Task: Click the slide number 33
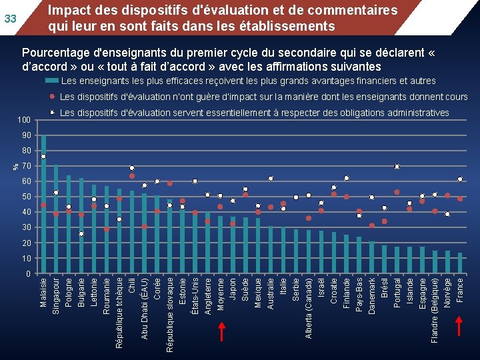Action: pos(11,18)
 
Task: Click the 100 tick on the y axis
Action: pos(24,119)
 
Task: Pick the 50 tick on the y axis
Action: pos(26,197)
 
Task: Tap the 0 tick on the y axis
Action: pos(28,274)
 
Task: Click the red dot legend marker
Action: pos(52,97)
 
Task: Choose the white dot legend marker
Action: pos(52,113)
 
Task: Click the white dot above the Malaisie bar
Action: pos(43,157)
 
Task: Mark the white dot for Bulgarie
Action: pos(81,234)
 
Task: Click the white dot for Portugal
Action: pos(397,167)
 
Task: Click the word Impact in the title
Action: pos(69,11)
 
